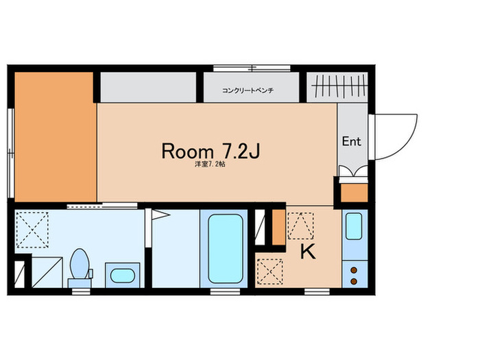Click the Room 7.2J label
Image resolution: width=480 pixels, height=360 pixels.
coord(211,151)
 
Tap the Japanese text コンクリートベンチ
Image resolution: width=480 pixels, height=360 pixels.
coord(248,91)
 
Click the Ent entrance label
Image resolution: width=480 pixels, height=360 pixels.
coord(351,141)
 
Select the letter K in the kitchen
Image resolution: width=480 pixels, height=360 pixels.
coord(308,252)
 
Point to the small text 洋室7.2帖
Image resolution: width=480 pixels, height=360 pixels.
coord(211,165)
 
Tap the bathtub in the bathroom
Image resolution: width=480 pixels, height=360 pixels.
coord(226,248)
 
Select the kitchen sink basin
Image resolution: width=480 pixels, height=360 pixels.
coord(354,226)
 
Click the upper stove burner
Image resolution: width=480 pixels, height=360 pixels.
coord(354,270)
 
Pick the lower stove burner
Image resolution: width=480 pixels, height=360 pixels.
coord(354,281)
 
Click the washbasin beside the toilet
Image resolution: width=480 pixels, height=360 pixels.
coord(123,276)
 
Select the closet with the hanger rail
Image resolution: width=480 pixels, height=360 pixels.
coord(337,87)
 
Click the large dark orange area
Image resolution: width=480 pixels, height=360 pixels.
coord(56,137)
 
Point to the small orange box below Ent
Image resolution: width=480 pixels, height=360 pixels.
coord(355,193)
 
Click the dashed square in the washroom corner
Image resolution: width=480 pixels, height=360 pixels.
coord(32,230)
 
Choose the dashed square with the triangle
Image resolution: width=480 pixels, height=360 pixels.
coord(300,226)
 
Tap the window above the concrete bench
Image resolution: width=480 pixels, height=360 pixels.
coord(252,69)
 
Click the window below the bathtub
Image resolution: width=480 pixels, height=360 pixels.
coord(226,291)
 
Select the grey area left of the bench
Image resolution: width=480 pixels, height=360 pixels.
coord(148,87)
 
